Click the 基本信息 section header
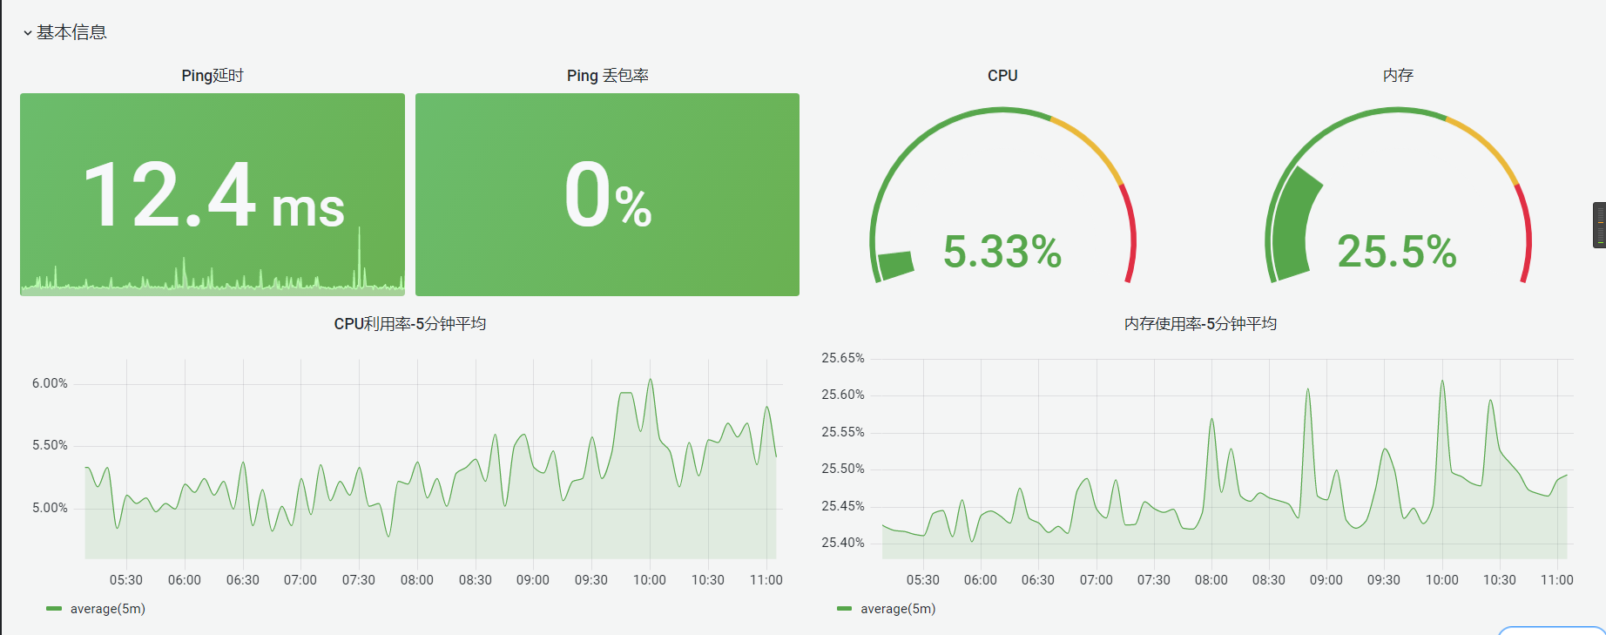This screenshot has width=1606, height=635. (x=71, y=32)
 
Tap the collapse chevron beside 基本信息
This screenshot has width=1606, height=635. (x=28, y=33)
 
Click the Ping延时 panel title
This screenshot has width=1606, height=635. (x=213, y=76)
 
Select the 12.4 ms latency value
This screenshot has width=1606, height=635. (x=213, y=196)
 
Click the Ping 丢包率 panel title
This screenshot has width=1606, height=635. (x=607, y=76)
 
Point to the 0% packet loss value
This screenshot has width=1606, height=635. (x=607, y=196)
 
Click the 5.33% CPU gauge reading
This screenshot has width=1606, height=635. (x=1002, y=252)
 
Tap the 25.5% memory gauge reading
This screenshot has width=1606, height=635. (x=1396, y=252)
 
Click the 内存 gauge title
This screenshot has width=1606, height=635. (x=1398, y=76)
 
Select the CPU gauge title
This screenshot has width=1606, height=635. (x=1002, y=76)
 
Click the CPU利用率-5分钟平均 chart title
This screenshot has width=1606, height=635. (x=409, y=324)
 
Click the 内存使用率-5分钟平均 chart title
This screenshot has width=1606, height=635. (x=1200, y=324)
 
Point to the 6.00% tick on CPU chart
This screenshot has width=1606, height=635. (x=50, y=383)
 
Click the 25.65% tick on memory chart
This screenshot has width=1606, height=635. (x=842, y=358)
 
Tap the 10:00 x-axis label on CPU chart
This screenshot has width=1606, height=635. (x=649, y=580)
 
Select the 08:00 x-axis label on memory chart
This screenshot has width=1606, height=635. (x=1211, y=580)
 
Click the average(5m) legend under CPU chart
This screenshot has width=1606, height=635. (x=107, y=609)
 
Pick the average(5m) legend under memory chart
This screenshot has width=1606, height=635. (x=897, y=609)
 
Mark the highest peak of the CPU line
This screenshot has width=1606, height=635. (x=650, y=380)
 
